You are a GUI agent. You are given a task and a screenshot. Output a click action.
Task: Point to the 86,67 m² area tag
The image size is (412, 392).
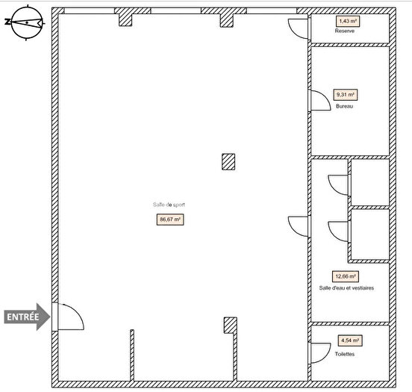170,220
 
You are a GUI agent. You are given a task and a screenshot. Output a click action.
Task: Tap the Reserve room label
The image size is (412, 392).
344,31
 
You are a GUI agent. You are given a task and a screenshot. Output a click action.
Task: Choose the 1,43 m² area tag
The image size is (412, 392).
346,22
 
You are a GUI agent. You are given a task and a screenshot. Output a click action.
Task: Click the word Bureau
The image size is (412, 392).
344,106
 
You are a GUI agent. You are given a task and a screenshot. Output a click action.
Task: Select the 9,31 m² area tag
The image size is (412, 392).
346,95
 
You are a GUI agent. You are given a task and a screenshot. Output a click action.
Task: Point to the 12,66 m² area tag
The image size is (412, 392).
346,276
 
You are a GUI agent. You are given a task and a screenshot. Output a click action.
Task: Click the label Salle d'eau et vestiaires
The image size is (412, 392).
346,287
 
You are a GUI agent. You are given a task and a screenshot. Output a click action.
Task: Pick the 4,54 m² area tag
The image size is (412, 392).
348,341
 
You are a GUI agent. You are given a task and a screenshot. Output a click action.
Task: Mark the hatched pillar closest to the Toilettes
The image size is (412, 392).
231,325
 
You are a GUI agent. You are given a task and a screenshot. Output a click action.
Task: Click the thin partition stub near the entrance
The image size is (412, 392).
131,354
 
